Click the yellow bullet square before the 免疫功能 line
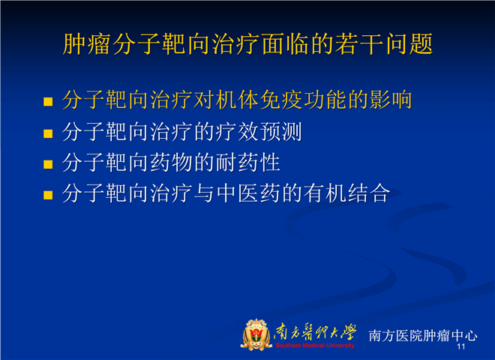tap(48, 102)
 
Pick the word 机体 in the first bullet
tap(238, 100)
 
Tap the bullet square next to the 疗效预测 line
tap(48, 133)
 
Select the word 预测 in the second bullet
tap(281, 132)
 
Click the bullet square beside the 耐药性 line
tap(48, 164)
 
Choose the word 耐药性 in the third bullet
tap(248, 163)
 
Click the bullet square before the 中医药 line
tap(48, 195)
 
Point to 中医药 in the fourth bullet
tap(249, 193)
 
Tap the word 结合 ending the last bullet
tap(369, 193)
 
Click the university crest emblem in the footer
tap(256, 334)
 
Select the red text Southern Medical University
tap(315, 346)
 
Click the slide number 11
tap(461, 346)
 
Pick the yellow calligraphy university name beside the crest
tap(315, 333)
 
